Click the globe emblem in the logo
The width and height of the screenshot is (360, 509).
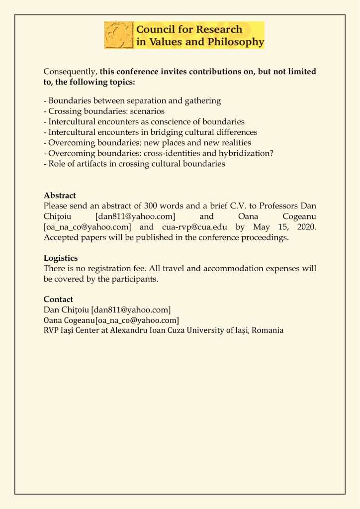coord(119,35)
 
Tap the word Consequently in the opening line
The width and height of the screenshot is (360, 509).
coord(70,72)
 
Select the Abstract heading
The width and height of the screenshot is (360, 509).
coord(60,195)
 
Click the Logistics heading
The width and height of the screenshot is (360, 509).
coord(61,258)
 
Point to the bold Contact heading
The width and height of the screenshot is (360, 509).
coord(58,299)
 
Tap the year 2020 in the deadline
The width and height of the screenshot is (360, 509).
coord(305,227)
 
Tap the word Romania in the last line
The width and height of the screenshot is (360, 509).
coord(268,330)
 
